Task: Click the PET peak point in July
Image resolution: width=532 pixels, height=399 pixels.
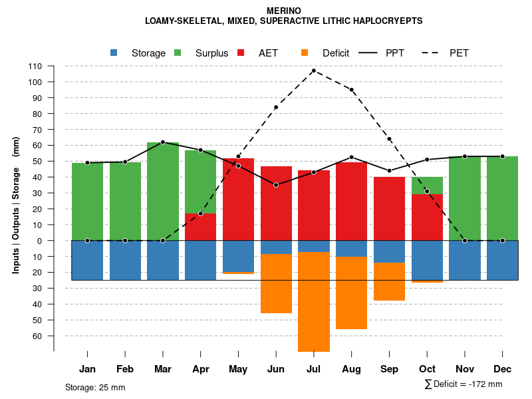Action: (x=313, y=70)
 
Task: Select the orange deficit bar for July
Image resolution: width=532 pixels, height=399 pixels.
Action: (x=313, y=302)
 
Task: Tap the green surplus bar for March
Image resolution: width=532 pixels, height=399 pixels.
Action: (x=163, y=192)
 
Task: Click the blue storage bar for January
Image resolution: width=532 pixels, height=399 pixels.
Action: (x=87, y=260)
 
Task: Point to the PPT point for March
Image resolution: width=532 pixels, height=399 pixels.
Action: (x=163, y=142)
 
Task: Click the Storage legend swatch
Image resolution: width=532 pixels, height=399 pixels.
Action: (x=114, y=53)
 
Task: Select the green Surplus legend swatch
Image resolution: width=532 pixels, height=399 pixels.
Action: (x=178, y=53)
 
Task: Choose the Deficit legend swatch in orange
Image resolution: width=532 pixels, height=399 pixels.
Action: (x=305, y=53)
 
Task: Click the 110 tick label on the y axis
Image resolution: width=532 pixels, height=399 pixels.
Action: (x=35, y=66)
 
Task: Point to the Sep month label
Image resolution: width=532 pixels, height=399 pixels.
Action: (x=389, y=369)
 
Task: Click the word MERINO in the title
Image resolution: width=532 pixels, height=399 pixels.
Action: (x=284, y=11)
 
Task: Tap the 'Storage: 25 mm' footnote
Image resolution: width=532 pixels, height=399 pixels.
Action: (x=95, y=387)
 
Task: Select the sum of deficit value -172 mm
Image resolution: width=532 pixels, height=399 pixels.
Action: (x=464, y=384)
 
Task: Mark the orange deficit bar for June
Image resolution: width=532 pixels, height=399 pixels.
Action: (x=276, y=283)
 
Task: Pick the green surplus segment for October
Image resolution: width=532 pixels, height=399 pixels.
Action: (x=427, y=186)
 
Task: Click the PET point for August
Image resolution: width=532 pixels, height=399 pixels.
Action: (x=351, y=90)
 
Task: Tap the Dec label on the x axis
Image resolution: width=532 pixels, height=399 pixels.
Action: (x=503, y=369)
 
